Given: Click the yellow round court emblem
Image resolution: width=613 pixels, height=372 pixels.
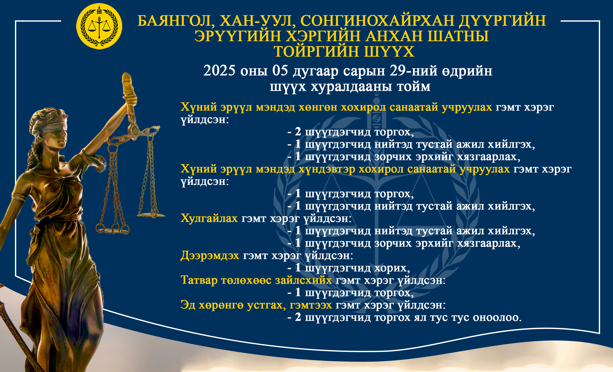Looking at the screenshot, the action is pos(99,26).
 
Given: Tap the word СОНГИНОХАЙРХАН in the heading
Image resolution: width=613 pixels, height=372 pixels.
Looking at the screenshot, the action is pos(377,21).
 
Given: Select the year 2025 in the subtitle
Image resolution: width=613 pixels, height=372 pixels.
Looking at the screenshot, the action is pos(219,70).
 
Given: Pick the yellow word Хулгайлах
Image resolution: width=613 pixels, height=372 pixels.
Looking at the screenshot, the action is pos(209,218).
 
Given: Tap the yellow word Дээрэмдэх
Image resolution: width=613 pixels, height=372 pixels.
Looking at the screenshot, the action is pos(210,256).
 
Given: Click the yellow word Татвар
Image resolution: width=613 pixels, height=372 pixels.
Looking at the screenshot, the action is pos(199,280).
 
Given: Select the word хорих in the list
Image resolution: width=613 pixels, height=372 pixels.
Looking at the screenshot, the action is pos(392,268).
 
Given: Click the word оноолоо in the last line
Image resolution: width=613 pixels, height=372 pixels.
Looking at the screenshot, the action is pos(497,317).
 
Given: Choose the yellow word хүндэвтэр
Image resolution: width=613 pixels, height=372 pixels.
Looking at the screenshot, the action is pos(327,169).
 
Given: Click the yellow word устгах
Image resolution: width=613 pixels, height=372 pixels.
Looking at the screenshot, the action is pos(267,305).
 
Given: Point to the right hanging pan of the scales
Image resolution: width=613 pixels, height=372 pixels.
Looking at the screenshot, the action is pos(151,215).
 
